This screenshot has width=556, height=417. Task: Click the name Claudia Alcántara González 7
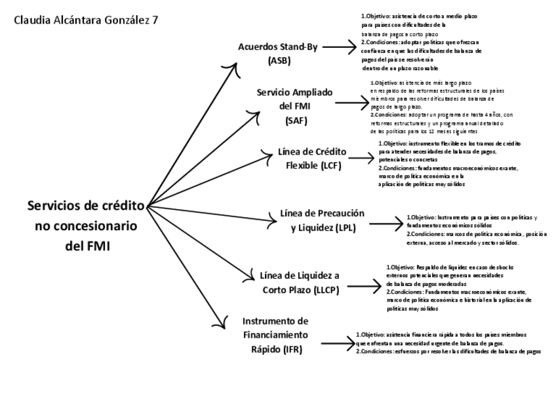click(86, 20)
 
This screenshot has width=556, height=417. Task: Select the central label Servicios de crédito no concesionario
click(85, 226)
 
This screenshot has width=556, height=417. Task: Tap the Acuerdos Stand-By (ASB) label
click(279, 53)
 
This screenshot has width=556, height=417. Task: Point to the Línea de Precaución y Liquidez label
click(322, 220)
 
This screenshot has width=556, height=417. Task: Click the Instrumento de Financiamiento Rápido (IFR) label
click(275, 335)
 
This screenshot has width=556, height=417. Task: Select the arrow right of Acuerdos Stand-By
click(338, 47)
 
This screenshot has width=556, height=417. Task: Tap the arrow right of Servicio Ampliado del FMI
click(353, 103)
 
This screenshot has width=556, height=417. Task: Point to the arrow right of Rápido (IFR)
click(337, 342)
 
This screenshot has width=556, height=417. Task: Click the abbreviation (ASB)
click(279, 60)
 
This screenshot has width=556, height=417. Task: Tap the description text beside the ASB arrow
click(421, 41)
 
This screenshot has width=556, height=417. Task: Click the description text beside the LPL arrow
click(476, 229)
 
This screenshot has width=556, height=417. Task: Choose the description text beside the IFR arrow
click(448, 343)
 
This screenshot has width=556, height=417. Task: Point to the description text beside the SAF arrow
click(436, 107)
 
